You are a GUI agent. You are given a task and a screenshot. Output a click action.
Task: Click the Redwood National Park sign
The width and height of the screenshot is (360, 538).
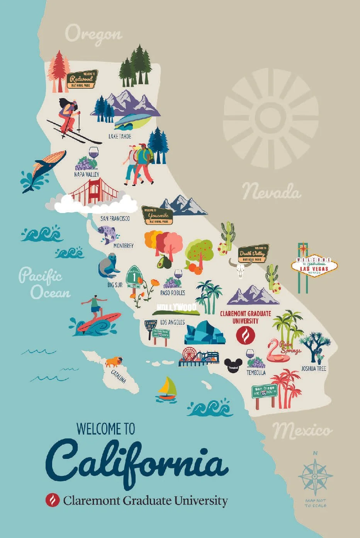pos(82,79)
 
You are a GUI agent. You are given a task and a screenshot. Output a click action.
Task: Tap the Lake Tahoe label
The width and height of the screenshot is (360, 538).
pos(120,136)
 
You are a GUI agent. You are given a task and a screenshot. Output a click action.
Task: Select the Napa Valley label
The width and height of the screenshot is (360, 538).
pos(87,174)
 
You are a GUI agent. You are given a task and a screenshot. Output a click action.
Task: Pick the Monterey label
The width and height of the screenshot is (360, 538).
pos(123,245)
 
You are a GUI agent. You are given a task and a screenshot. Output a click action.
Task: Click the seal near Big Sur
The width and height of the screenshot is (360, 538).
pos(107,266)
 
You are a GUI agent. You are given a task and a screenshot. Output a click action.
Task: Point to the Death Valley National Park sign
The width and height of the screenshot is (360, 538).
pos(253,253)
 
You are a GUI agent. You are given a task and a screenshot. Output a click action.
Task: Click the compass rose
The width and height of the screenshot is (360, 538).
pos(315,477)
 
